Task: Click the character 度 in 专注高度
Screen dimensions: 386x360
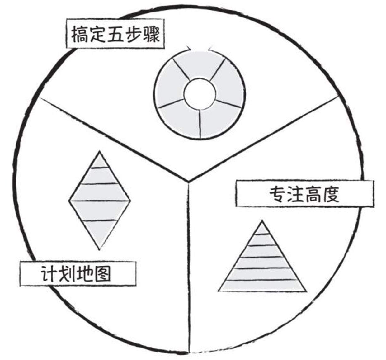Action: (x=331, y=194)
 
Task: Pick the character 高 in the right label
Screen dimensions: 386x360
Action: (x=313, y=194)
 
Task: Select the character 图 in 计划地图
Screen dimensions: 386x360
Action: (x=102, y=274)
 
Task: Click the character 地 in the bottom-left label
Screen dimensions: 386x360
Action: (x=84, y=274)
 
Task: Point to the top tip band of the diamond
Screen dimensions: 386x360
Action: (x=100, y=162)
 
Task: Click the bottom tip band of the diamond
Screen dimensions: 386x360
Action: (x=100, y=234)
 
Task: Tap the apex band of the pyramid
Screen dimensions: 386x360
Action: (x=262, y=229)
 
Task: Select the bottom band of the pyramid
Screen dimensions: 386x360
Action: (x=262, y=286)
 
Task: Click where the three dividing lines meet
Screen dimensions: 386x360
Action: (x=188, y=181)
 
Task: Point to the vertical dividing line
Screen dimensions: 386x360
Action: (x=189, y=265)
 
